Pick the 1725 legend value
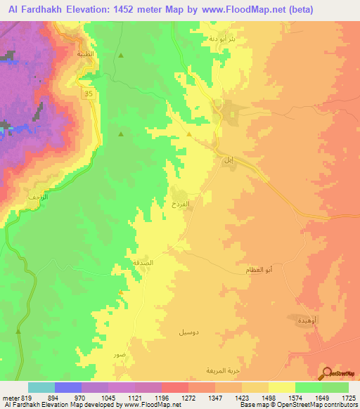349,397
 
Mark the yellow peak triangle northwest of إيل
189,134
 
